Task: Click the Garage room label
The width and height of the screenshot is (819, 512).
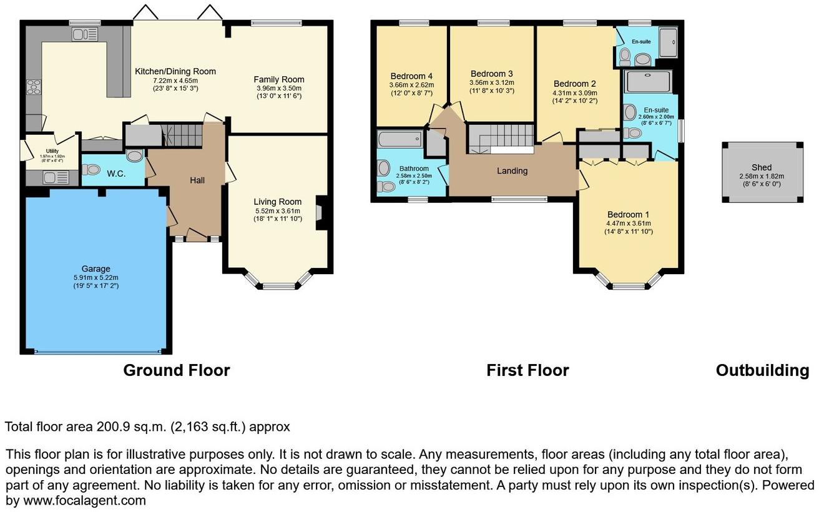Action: (95, 269)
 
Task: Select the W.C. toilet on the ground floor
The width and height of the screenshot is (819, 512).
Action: (92, 169)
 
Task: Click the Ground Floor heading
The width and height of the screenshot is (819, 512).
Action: (177, 370)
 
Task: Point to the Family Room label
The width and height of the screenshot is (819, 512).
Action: (278, 79)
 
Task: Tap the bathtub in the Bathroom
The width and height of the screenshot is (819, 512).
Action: (400, 139)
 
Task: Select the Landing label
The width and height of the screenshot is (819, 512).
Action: (512, 170)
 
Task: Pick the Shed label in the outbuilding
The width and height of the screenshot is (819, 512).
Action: (761, 167)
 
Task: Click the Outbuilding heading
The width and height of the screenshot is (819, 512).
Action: (762, 370)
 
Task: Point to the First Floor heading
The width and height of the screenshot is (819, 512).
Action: (527, 370)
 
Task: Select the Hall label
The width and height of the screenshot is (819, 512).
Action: (197, 180)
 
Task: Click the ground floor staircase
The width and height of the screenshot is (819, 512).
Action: (182, 134)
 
